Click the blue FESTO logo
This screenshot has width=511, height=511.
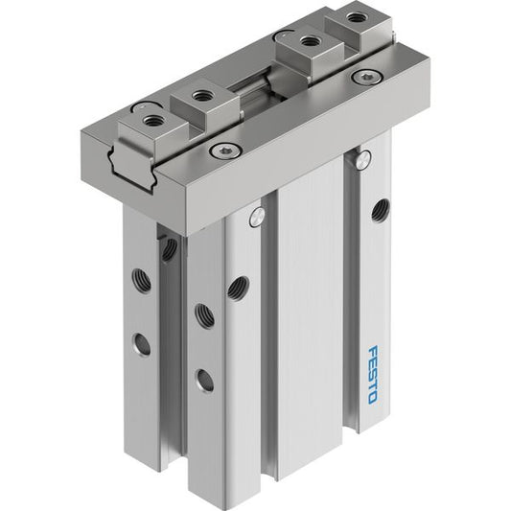pos(373,375)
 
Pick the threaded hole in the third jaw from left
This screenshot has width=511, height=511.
pos(308,41)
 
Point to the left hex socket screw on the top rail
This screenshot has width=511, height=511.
pos(226,150)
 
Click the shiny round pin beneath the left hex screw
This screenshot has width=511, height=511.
pos(257,216)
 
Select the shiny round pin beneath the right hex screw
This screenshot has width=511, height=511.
pos(363,160)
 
